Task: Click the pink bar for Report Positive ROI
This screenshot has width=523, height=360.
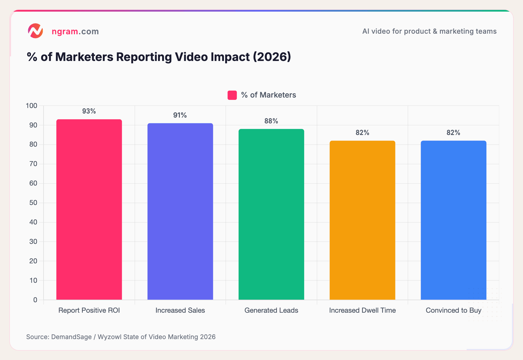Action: (89, 209)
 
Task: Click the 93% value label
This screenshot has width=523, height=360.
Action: (89, 111)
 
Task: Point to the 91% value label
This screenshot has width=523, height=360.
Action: (180, 115)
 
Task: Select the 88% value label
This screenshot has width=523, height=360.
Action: (271, 121)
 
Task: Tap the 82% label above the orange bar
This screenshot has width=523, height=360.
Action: (362, 133)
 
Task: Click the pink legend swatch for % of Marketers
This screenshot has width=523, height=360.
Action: (232, 95)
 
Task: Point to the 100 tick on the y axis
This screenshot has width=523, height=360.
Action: (31, 106)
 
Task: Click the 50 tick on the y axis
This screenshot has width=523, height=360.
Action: (33, 203)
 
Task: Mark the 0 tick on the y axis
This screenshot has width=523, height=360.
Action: (35, 300)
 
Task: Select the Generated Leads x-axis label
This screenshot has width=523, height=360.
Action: (271, 310)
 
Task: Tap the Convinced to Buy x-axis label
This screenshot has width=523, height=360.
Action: (453, 310)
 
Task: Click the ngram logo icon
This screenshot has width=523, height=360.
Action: (35, 31)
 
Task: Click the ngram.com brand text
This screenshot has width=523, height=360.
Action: (75, 31)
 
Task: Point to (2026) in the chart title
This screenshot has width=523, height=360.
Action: (272, 57)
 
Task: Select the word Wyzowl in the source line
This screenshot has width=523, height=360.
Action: (109, 337)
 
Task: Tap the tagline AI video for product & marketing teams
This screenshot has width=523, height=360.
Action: (429, 31)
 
